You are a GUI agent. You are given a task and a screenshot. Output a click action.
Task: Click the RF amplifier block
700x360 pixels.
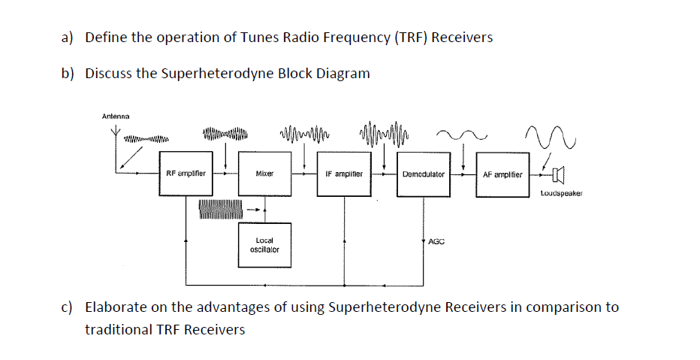pos(186,174)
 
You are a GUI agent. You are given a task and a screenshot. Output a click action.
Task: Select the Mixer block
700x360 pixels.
pos(264,174)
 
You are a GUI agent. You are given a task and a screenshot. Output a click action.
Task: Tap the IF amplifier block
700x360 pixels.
pos(344,174)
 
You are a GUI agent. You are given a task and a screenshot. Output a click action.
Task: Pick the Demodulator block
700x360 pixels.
pos(423,174)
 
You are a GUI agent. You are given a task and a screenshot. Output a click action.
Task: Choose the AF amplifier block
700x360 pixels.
pos(502,174)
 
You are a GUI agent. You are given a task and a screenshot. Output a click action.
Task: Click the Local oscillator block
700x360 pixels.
pos(264,245)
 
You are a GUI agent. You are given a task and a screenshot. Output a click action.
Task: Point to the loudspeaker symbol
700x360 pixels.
pos(557,175)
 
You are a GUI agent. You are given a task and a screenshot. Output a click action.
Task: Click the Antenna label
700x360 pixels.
pos(115,116)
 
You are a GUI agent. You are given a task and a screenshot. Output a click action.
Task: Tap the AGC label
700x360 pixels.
pos(436,242)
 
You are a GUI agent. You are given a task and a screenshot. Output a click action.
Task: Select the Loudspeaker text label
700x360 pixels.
pos(560,194)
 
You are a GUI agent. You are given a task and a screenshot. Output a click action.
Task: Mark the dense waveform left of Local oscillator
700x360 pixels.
pos(220,210)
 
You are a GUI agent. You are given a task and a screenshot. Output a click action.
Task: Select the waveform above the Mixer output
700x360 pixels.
pos(303,135)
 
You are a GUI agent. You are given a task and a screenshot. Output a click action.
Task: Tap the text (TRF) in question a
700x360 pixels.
pos(409,38)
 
